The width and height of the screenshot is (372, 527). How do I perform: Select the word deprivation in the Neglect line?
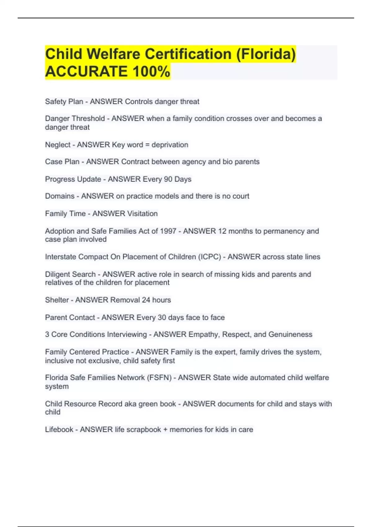pos(170,145)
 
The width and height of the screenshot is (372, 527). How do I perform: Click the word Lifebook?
pos(59,429)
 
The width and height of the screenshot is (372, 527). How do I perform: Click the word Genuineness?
pos(290,334)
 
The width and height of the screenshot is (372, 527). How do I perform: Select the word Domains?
pos(60,196)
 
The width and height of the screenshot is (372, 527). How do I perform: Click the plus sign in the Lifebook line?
pos(165,430)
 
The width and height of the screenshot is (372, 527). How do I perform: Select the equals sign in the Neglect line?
pos(147,145)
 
